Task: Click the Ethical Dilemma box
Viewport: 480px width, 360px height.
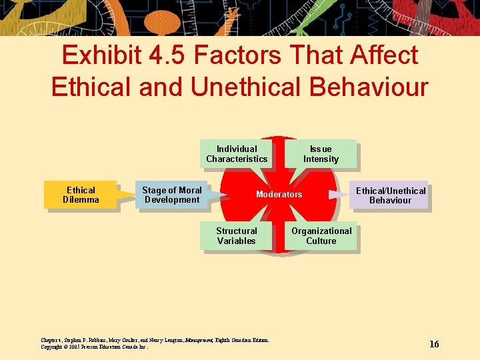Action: click(x=80, y=195)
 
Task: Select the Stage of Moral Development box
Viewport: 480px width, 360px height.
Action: click(x=171, y=195)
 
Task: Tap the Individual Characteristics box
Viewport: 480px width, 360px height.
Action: click(x=237, y=154)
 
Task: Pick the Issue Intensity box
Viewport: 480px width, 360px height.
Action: click(x=321, y=154)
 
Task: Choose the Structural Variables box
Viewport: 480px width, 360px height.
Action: click(x=236, y=236)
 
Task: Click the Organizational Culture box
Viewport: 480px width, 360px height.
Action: click(x=321, y=236)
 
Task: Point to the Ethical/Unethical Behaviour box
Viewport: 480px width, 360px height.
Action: click(x=390, y=195)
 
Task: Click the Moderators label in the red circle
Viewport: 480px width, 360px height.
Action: click(x=279, y=195)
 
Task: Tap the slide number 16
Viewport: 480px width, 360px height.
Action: click(x=434, y=344)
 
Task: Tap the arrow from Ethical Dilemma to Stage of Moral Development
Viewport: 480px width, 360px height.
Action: click(x=125, y=195)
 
